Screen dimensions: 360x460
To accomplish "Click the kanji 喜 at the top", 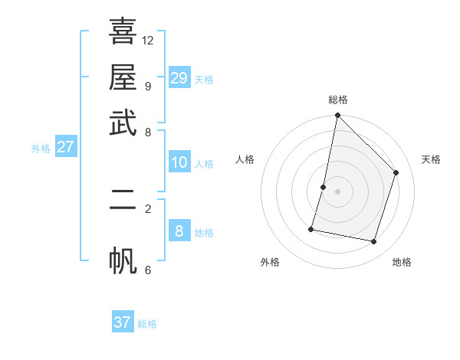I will click(123, 31).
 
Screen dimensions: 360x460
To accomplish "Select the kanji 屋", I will click(123, 77).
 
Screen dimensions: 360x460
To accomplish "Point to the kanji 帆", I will click(123, 260).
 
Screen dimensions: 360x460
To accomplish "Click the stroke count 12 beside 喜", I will click(148, 40).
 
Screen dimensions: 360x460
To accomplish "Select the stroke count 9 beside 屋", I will click(148, 86).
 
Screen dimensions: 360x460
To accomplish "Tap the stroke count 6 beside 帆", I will click(148, 270).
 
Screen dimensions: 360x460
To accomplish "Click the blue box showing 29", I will click(179, 78).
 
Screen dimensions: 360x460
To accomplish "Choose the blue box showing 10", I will click(179, 162).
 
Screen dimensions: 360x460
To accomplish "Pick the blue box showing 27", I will click(65, 147).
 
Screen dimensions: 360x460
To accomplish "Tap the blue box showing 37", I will click(123, 322).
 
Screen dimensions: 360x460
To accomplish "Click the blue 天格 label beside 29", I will click(204, 80).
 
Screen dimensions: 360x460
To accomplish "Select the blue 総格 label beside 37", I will click(147, 324).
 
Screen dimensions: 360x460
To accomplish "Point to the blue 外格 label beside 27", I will click(41, 149).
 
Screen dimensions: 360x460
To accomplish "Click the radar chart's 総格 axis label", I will click(337, 100).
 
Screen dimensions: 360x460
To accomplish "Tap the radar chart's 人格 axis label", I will click(245, 159).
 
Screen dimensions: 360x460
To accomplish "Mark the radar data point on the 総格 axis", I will click(337, 116).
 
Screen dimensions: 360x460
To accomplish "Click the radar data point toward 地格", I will click(373, 242).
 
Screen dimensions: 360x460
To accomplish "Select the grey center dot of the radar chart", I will click(337, 191).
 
